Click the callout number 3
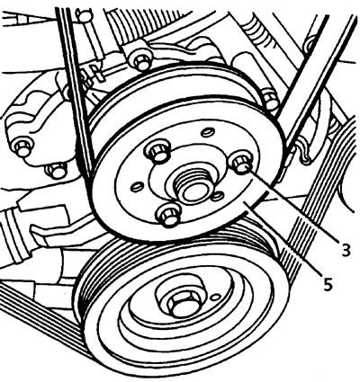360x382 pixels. coord(346,251)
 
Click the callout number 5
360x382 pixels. coord(328,284)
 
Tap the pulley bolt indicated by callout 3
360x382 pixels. coord(240,164)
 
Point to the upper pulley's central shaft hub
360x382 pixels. coord(193,188)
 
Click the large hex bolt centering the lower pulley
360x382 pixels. coord(182,305)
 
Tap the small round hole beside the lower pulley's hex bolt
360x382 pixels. coord(214,298)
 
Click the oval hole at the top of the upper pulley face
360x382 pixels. coord(207,131)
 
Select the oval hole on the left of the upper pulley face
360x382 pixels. coord(136,187)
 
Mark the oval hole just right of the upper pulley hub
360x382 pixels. coord(217,196)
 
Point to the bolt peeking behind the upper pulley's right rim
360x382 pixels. coord(270,99)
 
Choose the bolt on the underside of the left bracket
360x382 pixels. coord(57,170)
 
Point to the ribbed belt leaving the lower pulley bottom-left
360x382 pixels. coord(42,315)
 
